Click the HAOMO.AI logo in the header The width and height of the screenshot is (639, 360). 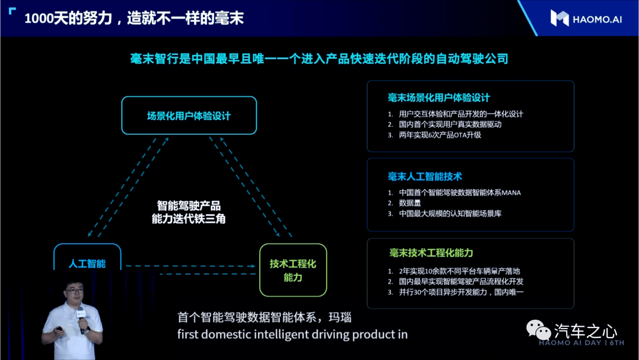586,19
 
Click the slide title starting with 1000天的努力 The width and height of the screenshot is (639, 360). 134,18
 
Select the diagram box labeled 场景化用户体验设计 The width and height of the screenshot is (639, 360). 189,115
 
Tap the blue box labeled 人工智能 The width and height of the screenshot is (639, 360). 87,258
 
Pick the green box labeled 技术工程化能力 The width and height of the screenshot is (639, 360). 293,270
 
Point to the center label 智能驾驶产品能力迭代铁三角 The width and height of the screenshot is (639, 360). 189,212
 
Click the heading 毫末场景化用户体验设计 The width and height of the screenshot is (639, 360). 438,98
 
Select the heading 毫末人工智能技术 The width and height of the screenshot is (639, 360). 425,176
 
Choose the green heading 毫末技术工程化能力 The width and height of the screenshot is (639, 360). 431,253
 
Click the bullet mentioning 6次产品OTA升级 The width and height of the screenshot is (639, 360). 434,135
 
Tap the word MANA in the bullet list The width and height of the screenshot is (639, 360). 511,193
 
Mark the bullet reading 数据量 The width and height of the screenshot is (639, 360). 404,203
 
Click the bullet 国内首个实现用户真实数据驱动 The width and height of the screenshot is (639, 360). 444,124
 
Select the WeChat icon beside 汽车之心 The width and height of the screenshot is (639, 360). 538,329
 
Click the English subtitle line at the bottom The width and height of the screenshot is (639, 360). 292,335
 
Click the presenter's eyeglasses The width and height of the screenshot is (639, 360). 74,291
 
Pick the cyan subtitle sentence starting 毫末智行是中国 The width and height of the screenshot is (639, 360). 319,59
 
